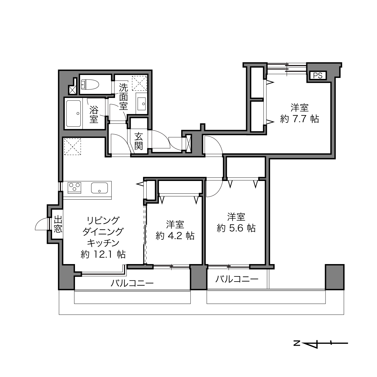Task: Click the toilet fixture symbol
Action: coord(90,85)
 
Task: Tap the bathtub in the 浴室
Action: coord(73,114)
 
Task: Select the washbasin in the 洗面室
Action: coord(142,104)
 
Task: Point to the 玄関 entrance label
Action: coord(139,141)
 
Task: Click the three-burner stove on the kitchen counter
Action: coord(74,187)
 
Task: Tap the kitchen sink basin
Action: coord(99,188)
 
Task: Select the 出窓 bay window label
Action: coord(58,224)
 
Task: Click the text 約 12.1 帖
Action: coord(103,254)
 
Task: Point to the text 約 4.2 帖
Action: coord(175,236)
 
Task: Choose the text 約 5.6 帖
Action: coord(236,228)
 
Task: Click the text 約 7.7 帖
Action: coord(300,119)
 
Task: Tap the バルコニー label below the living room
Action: coord(132,283)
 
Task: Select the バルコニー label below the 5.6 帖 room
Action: coord(237,279)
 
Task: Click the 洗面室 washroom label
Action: coord(123,97)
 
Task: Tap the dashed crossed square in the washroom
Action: coord(139,83)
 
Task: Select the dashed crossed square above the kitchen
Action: coord(73,147)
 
